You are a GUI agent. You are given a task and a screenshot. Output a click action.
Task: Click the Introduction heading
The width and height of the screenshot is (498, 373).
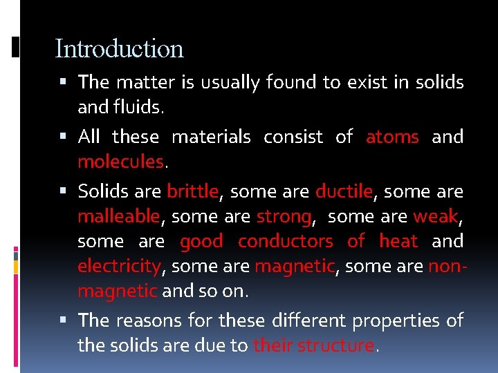tap(119, 49)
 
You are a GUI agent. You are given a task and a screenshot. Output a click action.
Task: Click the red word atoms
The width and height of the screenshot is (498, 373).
tap(392, 137)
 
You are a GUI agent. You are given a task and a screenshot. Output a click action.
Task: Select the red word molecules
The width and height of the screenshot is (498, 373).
tap(120, 162)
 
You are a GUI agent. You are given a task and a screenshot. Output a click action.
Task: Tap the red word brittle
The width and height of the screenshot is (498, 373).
tap(192, 191)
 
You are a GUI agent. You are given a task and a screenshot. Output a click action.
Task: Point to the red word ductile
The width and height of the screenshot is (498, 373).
tap(344, 191)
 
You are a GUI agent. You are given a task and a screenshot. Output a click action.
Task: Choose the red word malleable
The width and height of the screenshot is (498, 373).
tap(118, 217)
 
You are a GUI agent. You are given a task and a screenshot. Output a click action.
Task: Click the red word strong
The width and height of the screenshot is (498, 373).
tap(284, 217)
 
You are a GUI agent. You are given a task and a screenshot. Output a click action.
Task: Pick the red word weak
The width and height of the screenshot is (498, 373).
tap(436, 217)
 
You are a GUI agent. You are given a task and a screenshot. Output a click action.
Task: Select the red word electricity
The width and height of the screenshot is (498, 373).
tap(118, 266)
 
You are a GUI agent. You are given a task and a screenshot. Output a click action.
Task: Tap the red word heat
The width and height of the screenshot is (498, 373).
tap(398, 241)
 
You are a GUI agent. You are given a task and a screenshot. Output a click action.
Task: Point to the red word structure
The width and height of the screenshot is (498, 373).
tap(335, 345)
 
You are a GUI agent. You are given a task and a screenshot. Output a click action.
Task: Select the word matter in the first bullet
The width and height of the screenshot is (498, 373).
tap(145, 82)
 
